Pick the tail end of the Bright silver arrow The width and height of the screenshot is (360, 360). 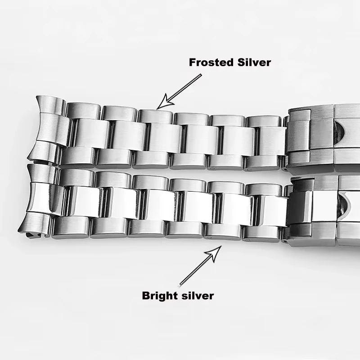pos(180,283)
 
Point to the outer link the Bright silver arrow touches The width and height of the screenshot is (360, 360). pos(223,231)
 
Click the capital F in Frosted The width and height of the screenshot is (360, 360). pos(193,62)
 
